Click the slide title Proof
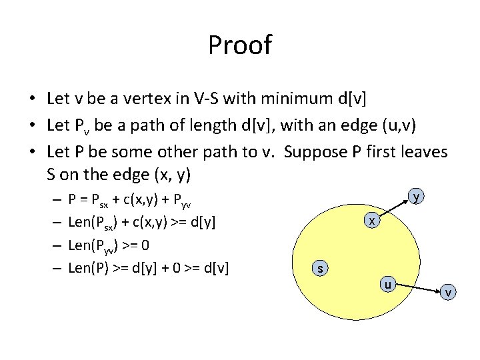click(x=240, y=45)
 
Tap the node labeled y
click(x=416, y=197)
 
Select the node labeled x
click(x=373, y=220)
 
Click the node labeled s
click(x=321, y=268)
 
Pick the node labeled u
click(x=387, y=284)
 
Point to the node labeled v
click(x=449, y=292)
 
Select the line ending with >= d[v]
click(x=149, y=267)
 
